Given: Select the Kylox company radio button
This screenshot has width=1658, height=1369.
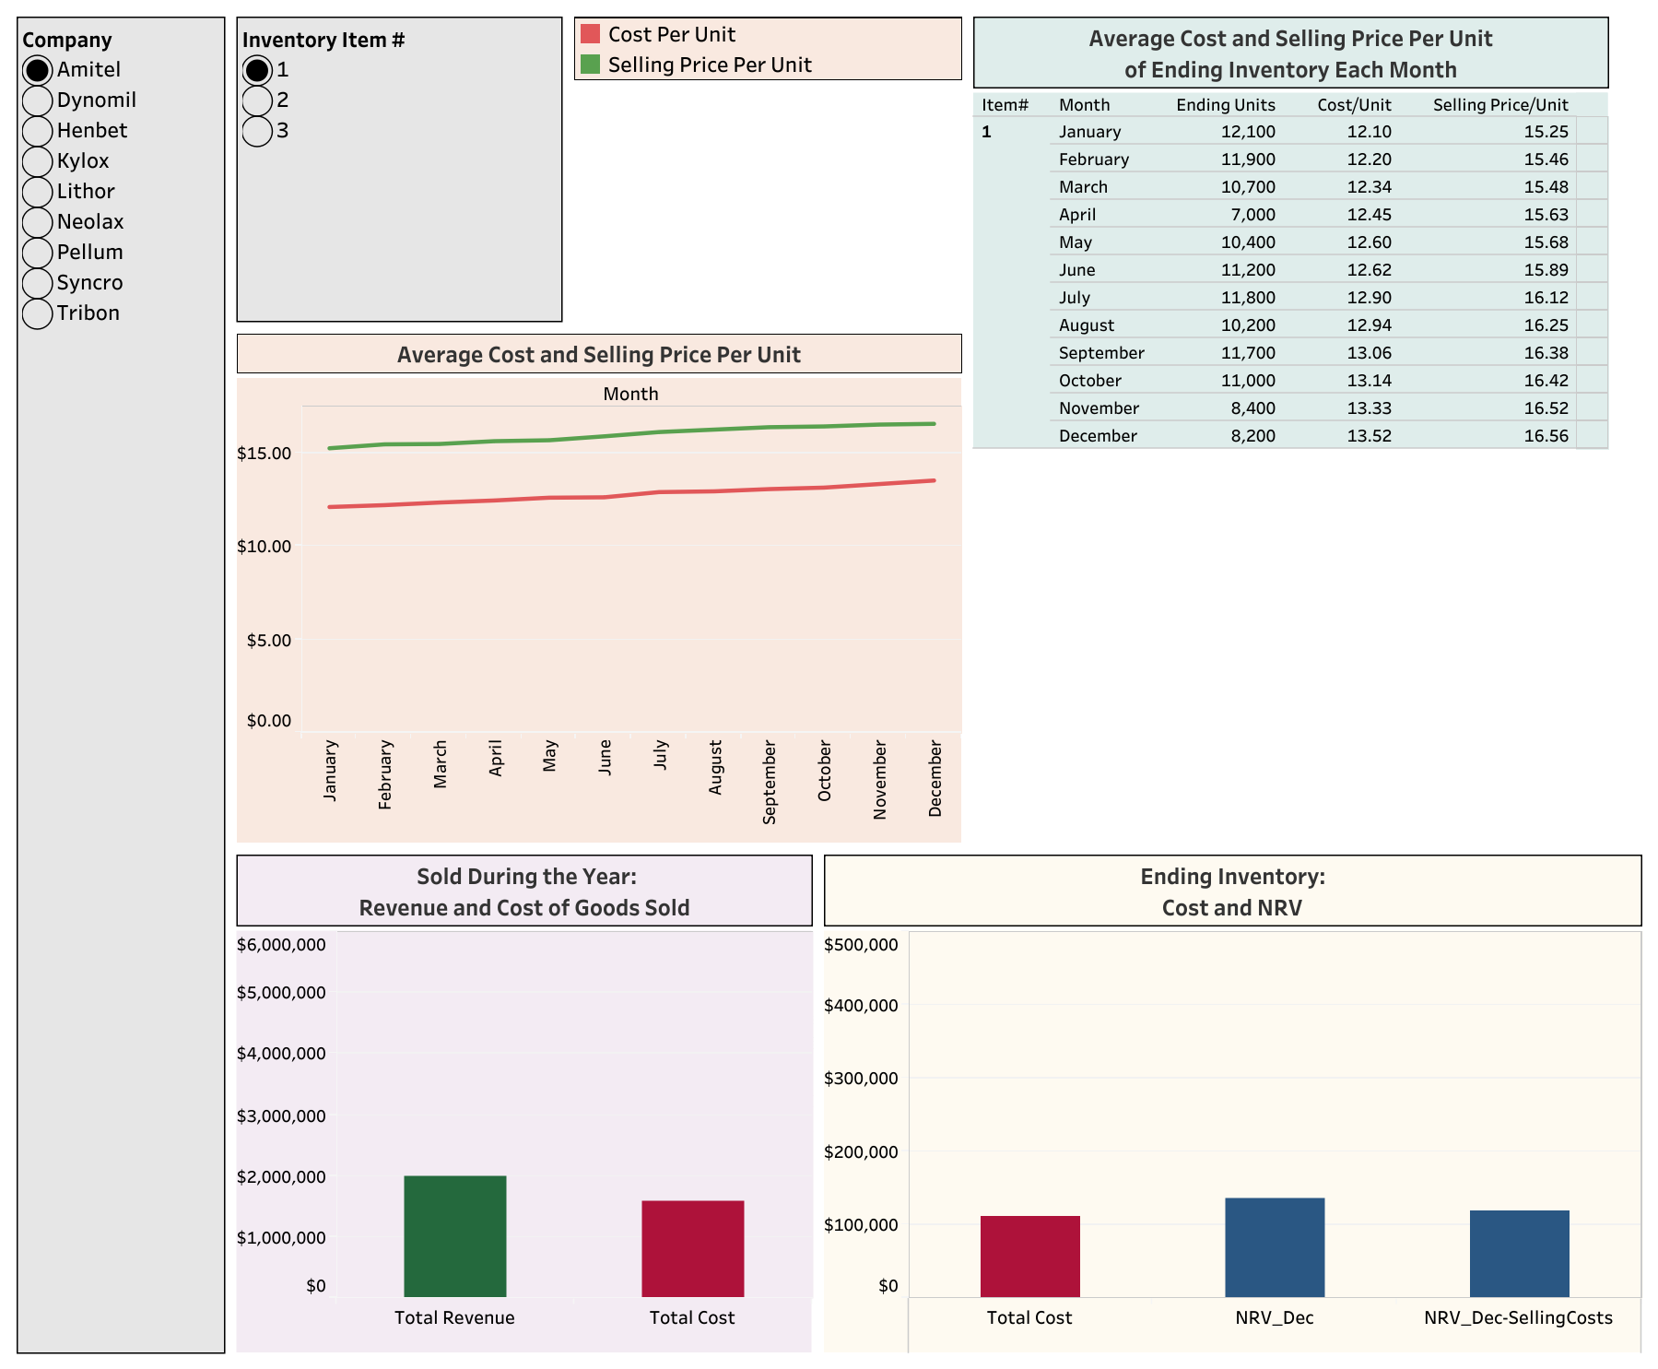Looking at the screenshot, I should coord(37,161).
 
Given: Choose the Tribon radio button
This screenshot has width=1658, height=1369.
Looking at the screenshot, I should coord(37,313).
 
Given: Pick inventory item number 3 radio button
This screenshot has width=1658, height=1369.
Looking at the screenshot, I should coord(257,131).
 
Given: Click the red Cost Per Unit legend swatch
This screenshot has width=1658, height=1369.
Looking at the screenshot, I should coord(590,34).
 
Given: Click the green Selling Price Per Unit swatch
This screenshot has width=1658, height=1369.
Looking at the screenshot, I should coord(590,65).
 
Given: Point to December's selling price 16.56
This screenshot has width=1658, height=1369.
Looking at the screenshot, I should coord(1546,436).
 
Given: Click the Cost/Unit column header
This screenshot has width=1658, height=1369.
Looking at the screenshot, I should coord(1354,105).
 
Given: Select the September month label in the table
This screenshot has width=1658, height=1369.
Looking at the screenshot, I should coord(1101,353).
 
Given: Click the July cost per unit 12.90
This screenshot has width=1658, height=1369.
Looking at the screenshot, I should coord(1369,298).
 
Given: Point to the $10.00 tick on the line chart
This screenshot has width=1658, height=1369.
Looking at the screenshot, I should coord(264,547).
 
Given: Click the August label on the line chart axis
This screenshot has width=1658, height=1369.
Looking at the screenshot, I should coord(715,767).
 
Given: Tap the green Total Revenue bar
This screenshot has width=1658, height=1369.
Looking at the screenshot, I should coord(455,1235).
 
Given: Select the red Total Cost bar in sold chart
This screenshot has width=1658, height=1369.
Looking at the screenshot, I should coord(692,1248).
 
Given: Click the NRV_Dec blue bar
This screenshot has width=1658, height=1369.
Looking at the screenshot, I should coord(1275,1247).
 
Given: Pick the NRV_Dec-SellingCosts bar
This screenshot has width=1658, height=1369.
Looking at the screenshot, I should coord(1519,1253).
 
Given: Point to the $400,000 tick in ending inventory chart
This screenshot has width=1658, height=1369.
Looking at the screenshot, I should coord(861,1006).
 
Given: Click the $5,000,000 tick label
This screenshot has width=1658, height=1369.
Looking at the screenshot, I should coord(281,993).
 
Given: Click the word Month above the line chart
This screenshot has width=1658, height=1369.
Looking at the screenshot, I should coord(630,394).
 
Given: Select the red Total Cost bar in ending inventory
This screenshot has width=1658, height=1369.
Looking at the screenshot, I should coord(1029,1256).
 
